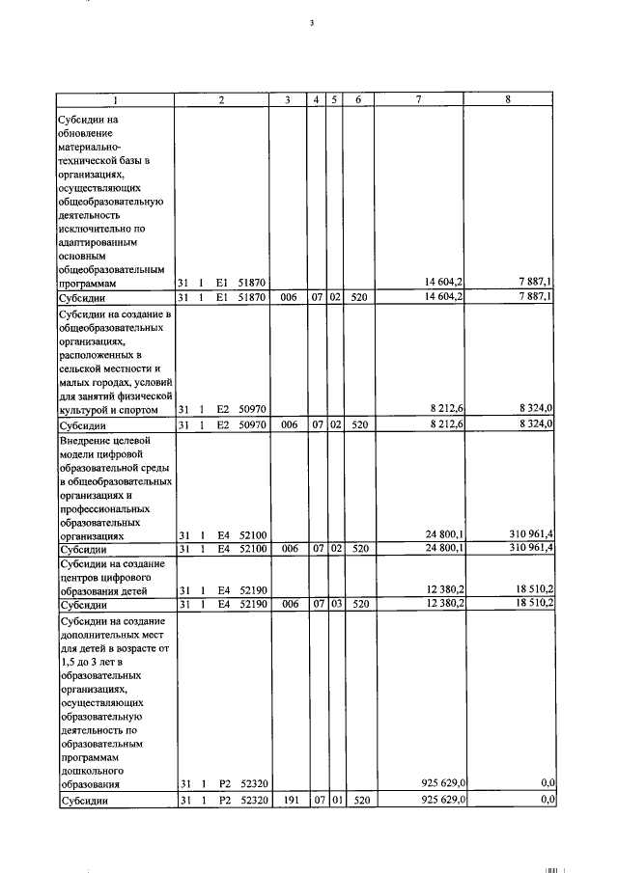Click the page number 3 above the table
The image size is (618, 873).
point(312,22)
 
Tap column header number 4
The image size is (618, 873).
point(316,100)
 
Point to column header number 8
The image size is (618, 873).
point(508,100)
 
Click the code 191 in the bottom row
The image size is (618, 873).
point(288,801)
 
